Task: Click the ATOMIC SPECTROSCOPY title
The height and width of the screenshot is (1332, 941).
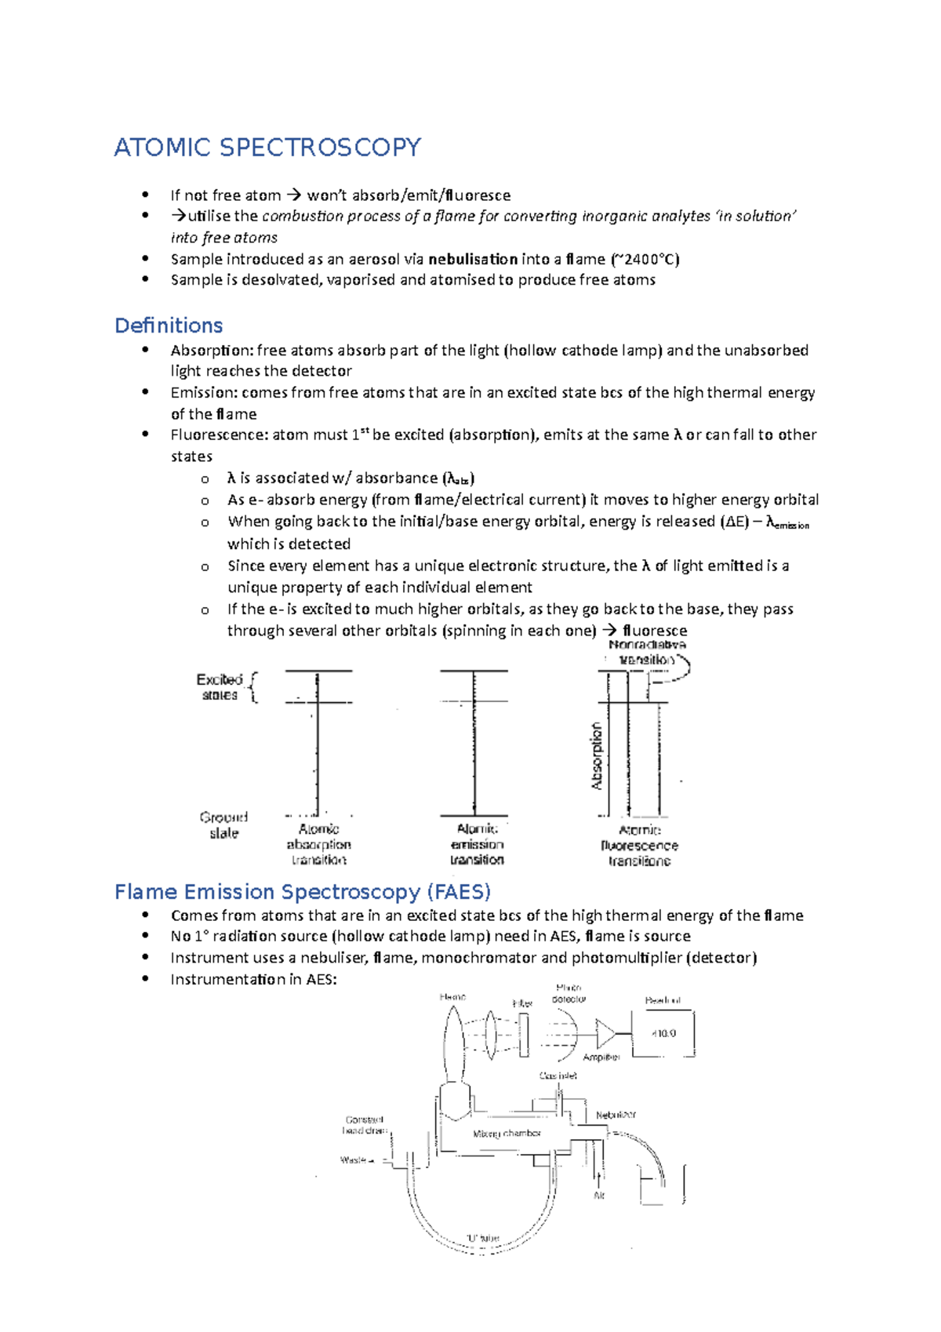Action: click(267, 147)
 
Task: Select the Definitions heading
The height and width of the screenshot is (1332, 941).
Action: click(169, 326)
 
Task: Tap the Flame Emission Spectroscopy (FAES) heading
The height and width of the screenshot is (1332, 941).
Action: click(303, 892)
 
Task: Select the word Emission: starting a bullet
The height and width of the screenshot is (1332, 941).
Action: click(204, 392)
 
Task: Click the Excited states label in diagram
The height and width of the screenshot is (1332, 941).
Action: click(220, 687)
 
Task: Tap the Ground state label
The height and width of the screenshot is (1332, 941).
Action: click(223, 825)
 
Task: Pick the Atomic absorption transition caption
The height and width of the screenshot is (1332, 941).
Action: click(318, 844)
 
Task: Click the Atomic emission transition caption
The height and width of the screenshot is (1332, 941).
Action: click(477, 844)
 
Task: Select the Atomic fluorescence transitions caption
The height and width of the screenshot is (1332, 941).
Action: click(639, 846)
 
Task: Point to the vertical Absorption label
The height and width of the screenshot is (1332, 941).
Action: click(597, 755)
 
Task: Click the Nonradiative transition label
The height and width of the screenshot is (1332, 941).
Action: click(647, 652)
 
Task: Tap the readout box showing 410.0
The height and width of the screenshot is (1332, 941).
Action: click(663, 1034)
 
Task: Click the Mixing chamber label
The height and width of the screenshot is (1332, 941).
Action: click(507, 1134)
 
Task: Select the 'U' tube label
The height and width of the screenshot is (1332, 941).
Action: click(482, 1238)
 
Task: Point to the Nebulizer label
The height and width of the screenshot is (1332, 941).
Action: click(616, 1115)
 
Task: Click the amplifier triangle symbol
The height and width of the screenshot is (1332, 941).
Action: click(605, 1034)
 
